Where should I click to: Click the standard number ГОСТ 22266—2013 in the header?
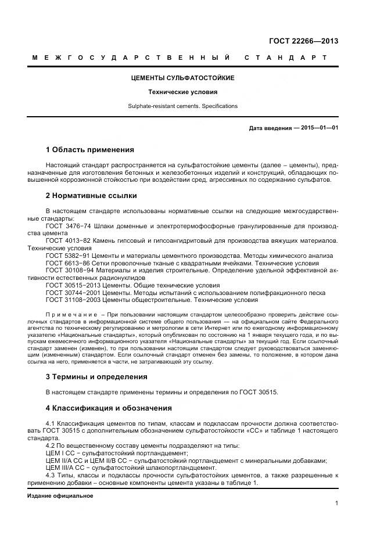(x=303, y=41)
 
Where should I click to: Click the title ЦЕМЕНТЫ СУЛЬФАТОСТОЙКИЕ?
(x=182, y=78)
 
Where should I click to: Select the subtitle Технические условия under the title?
(x=182, y=92)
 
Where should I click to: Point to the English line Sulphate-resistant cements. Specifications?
(x=182, y=106)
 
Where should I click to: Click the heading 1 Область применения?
(x=89, y=150)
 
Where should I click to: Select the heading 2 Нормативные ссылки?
(x=91, y=195)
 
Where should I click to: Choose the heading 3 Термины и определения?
(x=96, y=376)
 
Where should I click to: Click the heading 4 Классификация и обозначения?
(x=108, y=408)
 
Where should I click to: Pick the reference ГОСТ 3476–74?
(x=65, y=225)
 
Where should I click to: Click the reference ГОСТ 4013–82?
(x=65, y=240)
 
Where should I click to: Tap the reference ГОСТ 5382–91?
(x=65, y=256)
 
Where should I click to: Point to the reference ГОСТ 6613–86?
(x=65, y=263)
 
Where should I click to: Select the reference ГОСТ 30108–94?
(x=67, y=271)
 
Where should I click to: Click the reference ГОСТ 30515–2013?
(x=70, y=285)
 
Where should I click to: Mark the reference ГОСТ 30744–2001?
(x=70, y=293)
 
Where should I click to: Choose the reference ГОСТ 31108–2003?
(x=70, y=300)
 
